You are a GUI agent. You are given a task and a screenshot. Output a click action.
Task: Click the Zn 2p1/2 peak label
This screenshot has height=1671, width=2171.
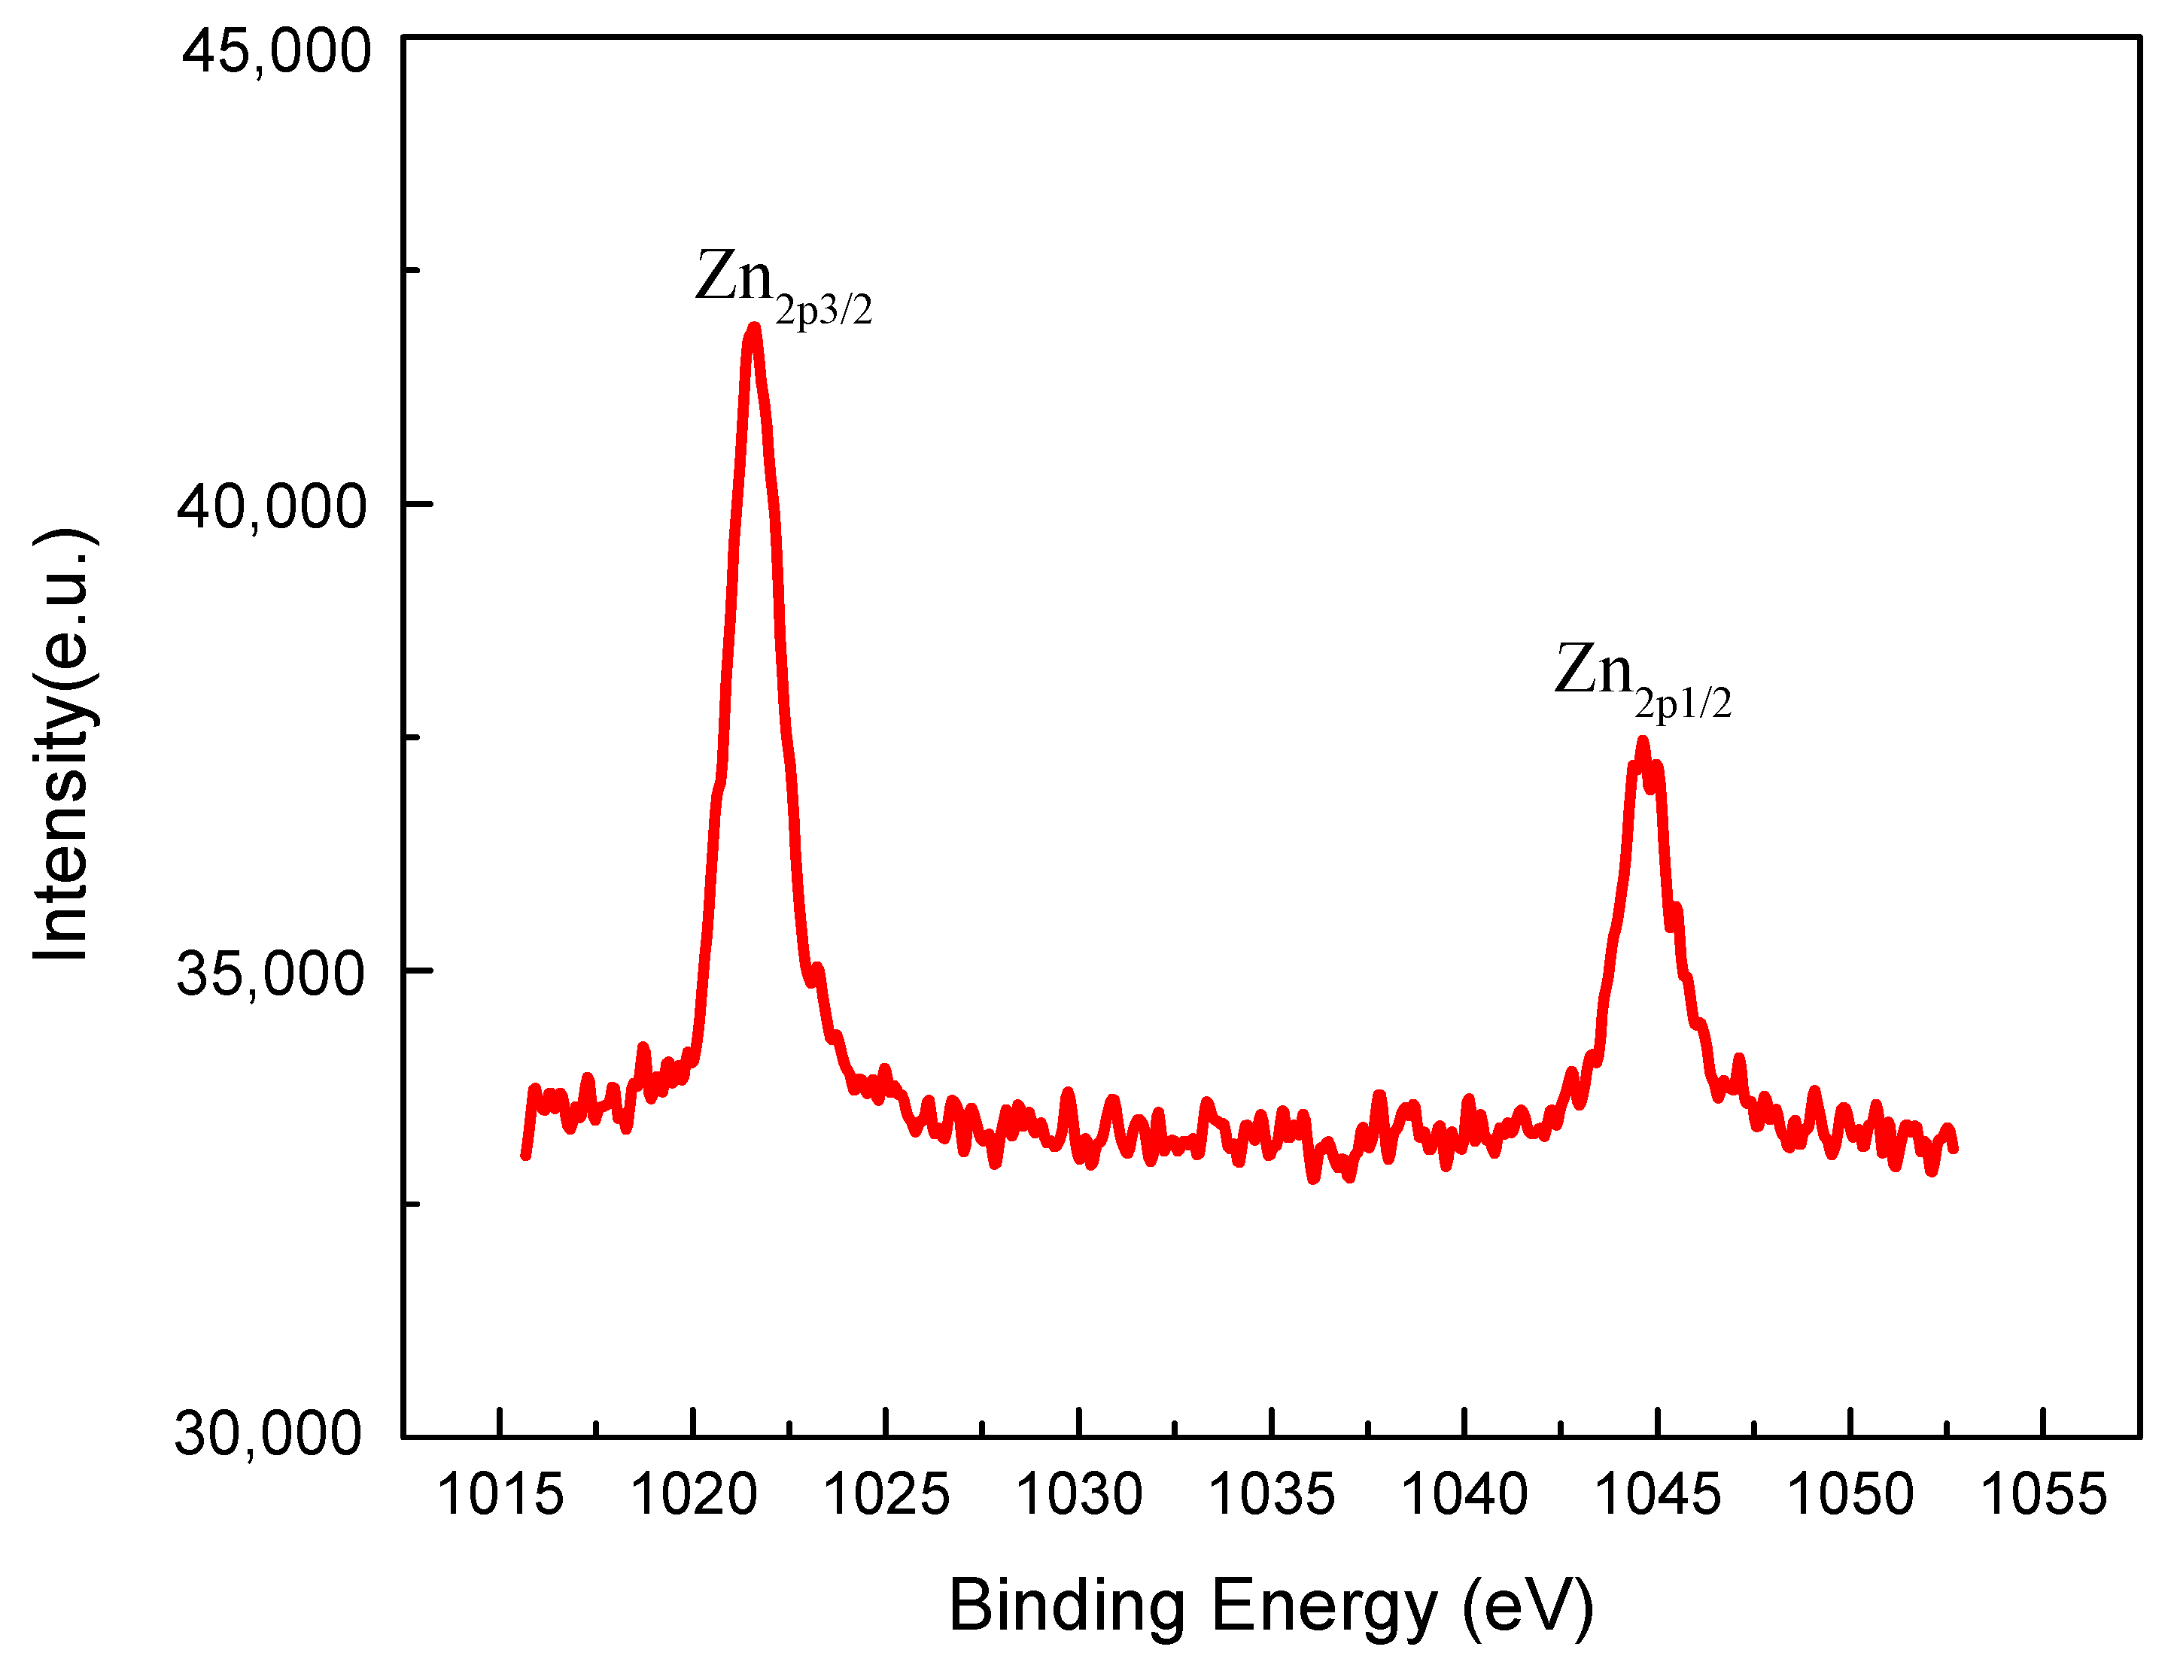[1642, 678]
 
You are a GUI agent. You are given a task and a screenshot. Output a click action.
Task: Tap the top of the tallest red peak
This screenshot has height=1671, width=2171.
[755, 328]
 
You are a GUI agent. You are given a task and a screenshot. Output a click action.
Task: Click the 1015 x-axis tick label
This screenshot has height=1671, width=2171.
[500, 1494]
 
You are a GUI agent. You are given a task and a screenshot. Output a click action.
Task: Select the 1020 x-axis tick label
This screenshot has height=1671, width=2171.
[694, 1494]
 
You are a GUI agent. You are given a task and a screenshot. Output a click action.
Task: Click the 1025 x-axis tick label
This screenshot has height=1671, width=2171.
[886, 1494]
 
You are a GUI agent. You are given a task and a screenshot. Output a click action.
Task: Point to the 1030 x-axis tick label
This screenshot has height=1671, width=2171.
[1080, 1494]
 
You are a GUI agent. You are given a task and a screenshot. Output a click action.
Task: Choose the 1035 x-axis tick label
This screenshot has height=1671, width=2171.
[1272, 1494]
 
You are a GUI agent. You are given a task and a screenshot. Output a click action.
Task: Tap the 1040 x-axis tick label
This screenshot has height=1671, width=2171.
[1464, 1494]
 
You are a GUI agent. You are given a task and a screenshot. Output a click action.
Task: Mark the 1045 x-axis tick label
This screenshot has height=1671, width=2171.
[1657, 1494]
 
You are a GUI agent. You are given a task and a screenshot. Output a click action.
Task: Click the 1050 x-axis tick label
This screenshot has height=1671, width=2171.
[1850, 1494]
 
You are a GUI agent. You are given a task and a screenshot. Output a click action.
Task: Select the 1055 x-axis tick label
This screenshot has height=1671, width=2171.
[2044, 1494]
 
